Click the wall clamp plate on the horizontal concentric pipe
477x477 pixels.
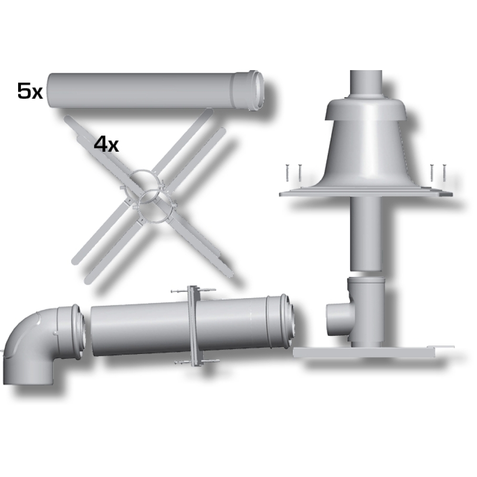coord(194,325)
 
